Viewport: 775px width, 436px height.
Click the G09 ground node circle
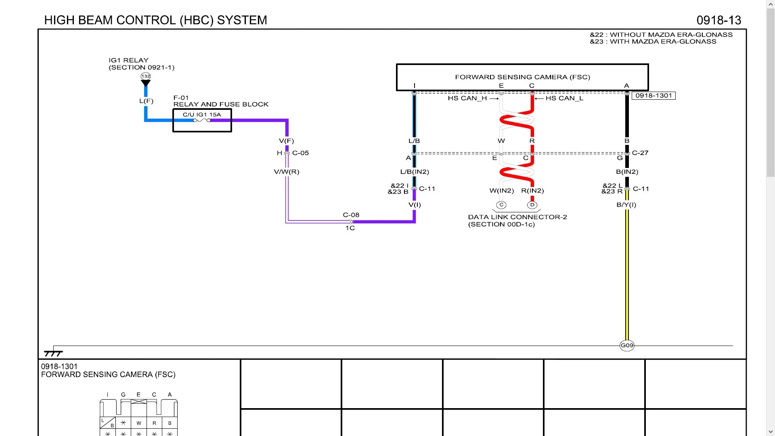click(627, 346)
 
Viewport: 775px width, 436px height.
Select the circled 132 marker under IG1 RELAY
click(146, 76)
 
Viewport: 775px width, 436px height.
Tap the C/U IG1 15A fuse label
click(202, 115)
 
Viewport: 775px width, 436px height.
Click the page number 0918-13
click(718, 20)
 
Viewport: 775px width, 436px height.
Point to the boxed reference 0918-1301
click(654, 96)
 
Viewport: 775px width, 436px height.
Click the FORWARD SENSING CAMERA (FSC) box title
click(522, 77)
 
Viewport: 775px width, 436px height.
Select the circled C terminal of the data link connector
click(501, 205)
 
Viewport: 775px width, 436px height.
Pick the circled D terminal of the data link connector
click(532, 205)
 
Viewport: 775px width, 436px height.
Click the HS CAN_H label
click(467, 99)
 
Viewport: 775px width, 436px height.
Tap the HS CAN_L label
click(564, 99)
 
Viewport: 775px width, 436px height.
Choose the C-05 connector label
click(300, 153)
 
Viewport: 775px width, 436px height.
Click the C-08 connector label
click(351, 215)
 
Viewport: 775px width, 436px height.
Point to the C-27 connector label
click(640, 153)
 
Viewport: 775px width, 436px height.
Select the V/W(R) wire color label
click(287, 172)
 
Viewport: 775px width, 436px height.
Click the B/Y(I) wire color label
click(626, 205)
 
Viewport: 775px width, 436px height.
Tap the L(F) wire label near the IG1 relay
click(146, 101)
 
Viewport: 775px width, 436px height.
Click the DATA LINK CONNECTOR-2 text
click(517, 217)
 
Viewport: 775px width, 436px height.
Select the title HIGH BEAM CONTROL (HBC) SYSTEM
click(155, 20)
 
